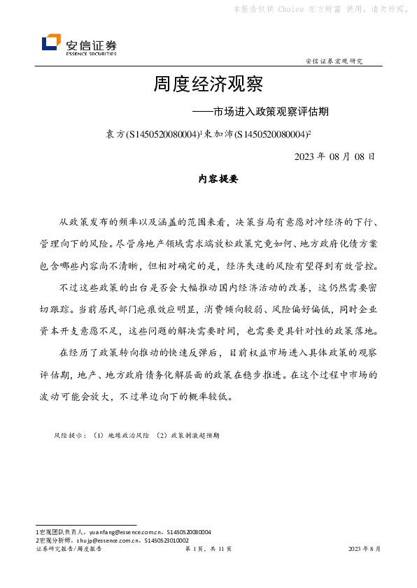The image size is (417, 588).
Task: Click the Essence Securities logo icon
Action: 51,43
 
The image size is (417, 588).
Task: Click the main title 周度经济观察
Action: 208,85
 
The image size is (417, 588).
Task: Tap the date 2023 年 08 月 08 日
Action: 335,156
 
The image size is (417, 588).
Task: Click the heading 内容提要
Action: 209,179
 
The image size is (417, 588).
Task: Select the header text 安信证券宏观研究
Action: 334,61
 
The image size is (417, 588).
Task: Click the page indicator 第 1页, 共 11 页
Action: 208,550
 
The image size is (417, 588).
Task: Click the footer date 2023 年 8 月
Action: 364,550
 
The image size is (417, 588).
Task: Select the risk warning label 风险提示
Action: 69,434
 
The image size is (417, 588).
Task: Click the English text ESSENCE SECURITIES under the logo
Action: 91,53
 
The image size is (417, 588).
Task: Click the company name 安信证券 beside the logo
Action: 91,42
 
